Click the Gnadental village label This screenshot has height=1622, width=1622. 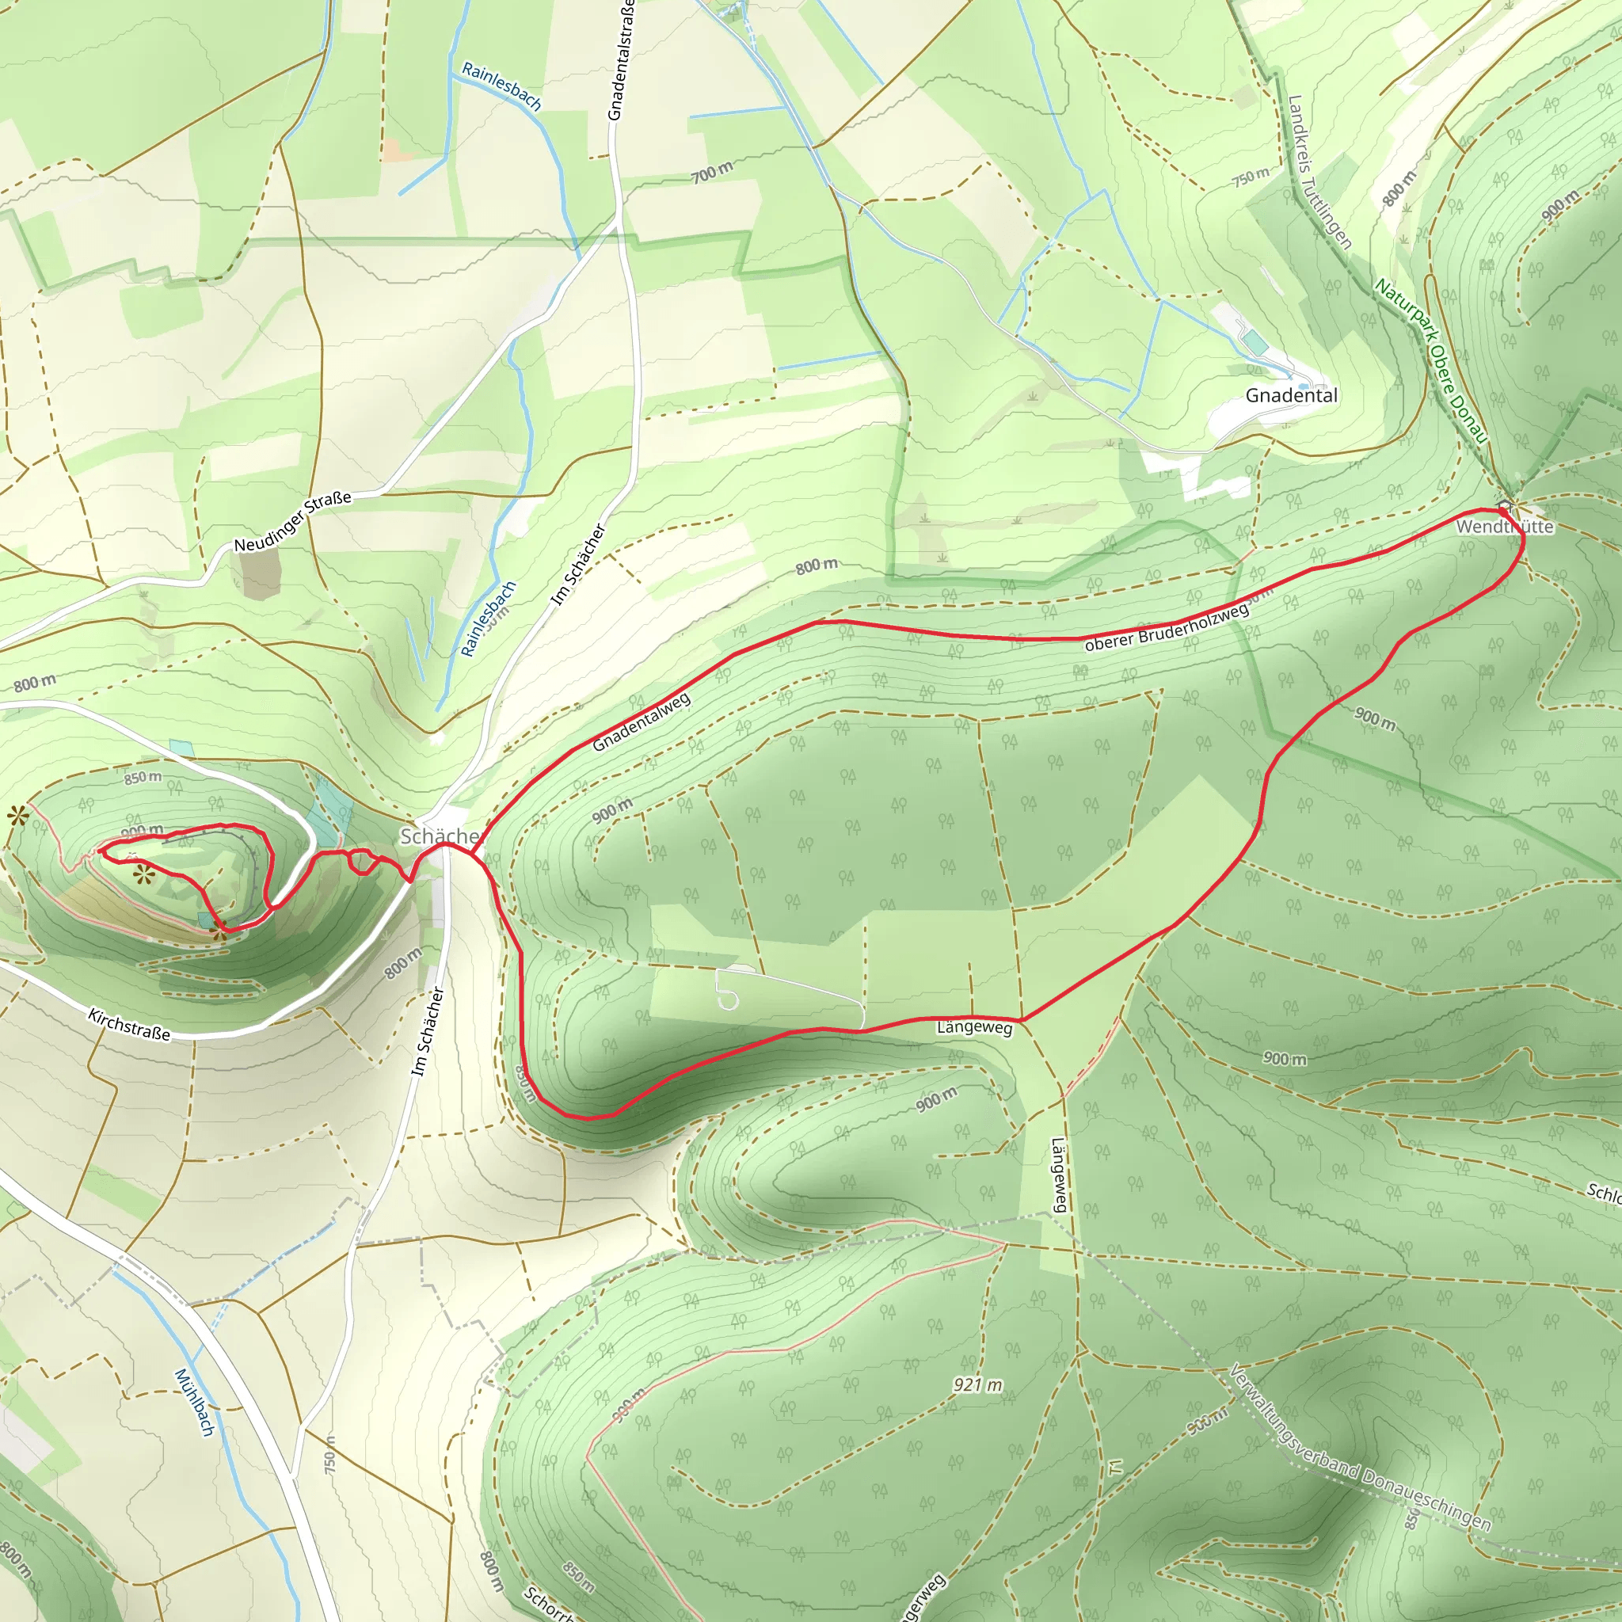pyautogui.click(x=1291, y=395)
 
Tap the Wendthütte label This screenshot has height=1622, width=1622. pyautogui.click(x=1506, y=527)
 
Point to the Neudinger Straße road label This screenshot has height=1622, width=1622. pyautogui.click(x=292, y=522)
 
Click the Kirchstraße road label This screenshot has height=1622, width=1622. pyautogui.click(x=129, y=1025)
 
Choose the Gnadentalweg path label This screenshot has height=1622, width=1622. pyautogui.click(x=642, y=722)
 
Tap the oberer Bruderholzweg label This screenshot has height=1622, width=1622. pyautogui.click(x=1166, y=628)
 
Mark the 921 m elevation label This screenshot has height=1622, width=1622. pyautogui.click(x=977, y=1384)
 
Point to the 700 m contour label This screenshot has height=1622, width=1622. pyautogui.click(x=712, y=172)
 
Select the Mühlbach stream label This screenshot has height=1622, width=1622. pyautogui.click(x=195, y=1402)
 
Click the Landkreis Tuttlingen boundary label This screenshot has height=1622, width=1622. pyautogui.click(x=1319, y=172)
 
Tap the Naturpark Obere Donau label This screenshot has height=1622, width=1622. pyautogui.click(x=1430, y=361)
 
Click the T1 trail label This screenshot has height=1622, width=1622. pyautogui.click(x=1115, y=1467)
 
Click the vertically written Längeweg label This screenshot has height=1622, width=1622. pyautogui.click(x=1059, y=1175)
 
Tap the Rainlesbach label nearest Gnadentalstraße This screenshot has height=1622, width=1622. pyautogui.click(x=501, y=86)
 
